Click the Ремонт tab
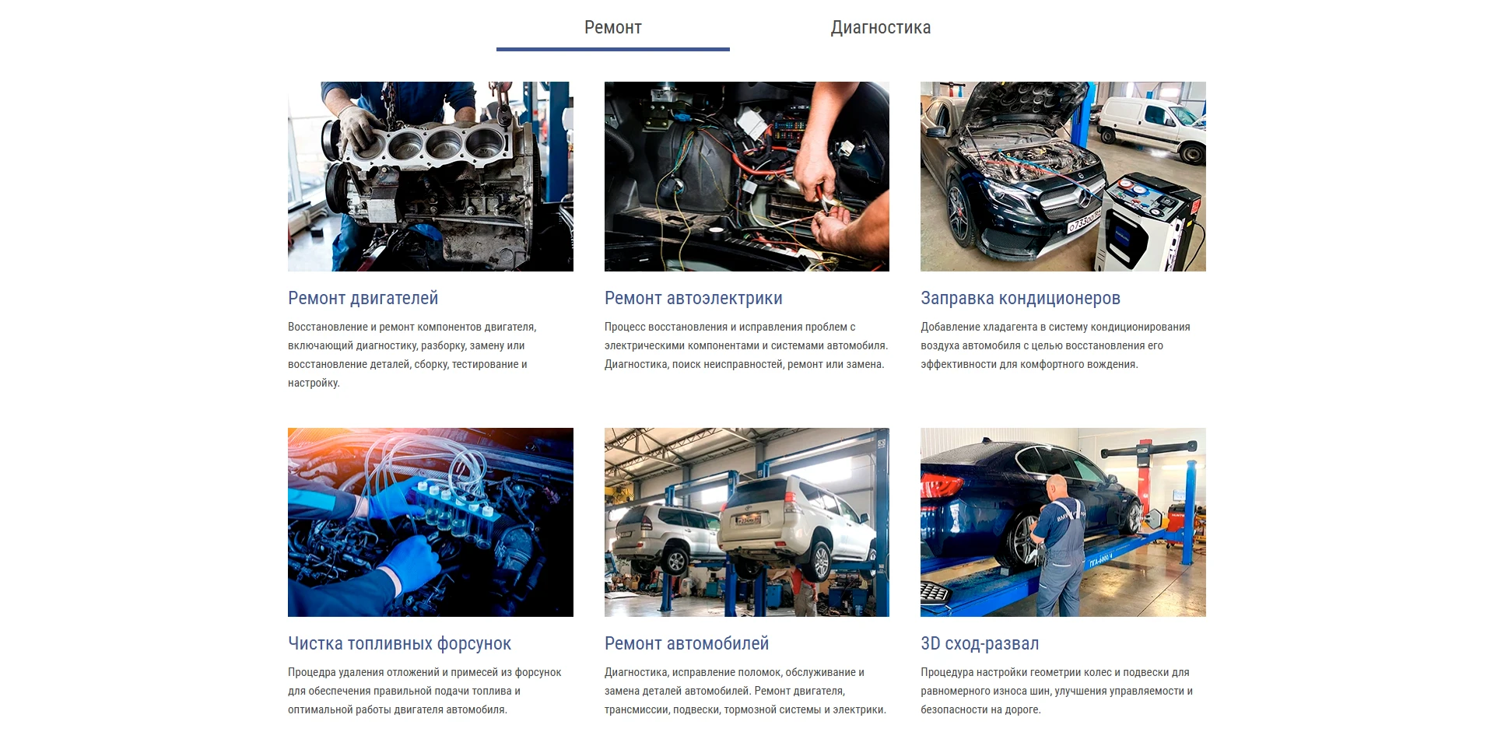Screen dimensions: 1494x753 613,28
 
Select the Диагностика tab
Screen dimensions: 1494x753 881,28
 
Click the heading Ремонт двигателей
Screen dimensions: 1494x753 363,298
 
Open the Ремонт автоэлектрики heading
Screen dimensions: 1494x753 693,298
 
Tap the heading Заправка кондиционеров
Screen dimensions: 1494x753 1020,298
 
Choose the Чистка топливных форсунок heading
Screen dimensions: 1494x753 399,643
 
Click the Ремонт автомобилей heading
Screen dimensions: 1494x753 686,643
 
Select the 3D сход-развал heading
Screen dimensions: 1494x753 980,643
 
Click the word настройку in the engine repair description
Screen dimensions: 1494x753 314,383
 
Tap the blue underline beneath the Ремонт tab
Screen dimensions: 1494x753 613,49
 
